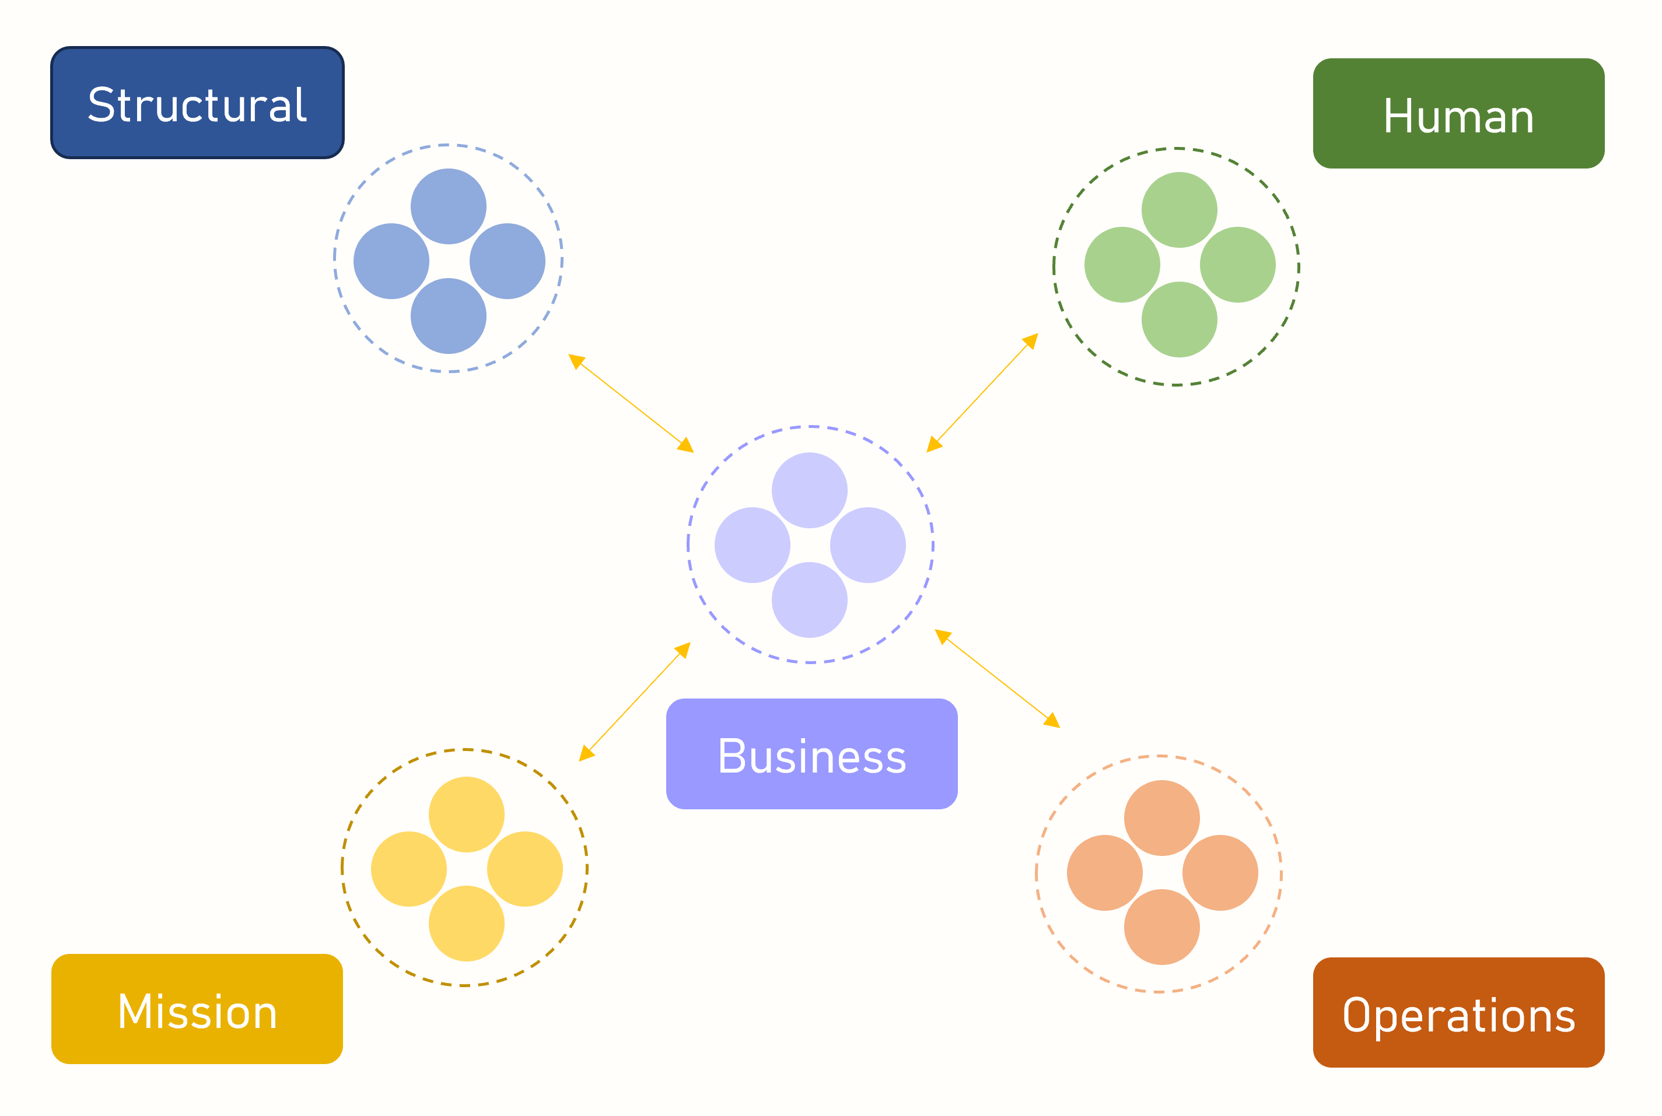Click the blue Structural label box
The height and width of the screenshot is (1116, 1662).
click(197, 103)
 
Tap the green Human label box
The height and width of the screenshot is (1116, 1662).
click(1458, 114)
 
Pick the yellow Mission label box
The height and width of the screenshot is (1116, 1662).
click(197, 1009)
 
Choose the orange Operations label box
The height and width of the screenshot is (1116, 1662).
click(1458, 1013)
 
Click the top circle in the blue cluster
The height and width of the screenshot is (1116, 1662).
click(448, 206)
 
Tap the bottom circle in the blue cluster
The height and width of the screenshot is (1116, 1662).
click(448, 316)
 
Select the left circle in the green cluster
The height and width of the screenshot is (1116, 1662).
click(1122, 265)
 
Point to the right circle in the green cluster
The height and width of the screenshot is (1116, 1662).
click(1237, 265)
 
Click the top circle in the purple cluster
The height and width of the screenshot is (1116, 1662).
click(809, 490)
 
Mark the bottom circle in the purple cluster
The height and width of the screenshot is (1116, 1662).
click(809, 600)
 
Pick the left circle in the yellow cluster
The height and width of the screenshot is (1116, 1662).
click(409, 869)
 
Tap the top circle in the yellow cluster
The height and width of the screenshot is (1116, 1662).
click(467, 814)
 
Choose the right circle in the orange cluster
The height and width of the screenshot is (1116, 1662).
click(1220, 873)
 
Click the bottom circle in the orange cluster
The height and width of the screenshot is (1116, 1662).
click(1161, 928)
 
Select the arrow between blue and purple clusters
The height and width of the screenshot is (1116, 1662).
click(631, 403)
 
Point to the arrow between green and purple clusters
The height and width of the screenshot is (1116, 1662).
click(982, 393)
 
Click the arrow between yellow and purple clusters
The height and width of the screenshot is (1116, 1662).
click(635, 703)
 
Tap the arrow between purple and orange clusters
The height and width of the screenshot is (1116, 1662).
click(997, 678)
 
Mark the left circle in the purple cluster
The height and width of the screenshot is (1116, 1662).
click(752, 545)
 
